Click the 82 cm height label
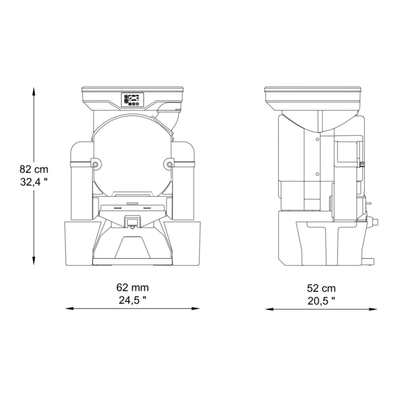[34, 169]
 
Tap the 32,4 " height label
[34, 182]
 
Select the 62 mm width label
[133, 288]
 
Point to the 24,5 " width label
[133, 300]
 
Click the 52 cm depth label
[321, 289]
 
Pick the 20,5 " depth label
[321, 301]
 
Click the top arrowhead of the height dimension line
[34, 91]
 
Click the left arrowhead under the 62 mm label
[70, 308]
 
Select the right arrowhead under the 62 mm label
[196, 308]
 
